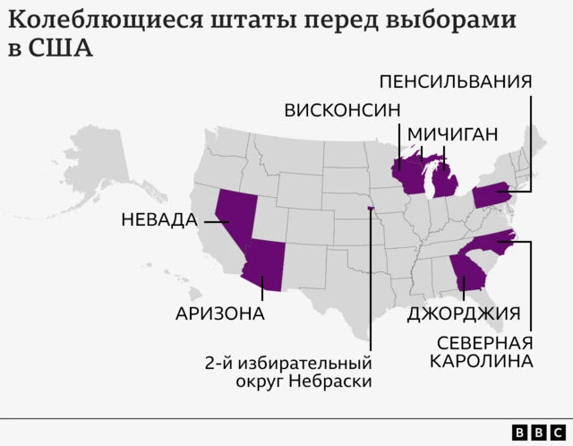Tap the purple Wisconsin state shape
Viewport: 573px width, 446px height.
412,175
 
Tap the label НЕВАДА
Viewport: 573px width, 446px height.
158,219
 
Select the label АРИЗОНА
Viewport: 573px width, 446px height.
220,313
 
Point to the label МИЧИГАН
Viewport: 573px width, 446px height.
452,134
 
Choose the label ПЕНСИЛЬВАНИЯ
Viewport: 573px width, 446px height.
456,81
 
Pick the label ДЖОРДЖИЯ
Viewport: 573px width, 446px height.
464,313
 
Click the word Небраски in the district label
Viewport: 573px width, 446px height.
336,382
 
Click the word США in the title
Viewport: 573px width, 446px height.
61,47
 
